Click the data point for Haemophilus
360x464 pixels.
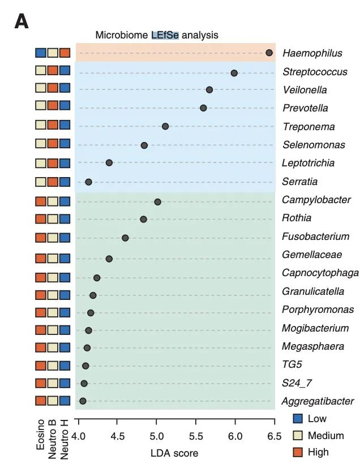coord(269,53)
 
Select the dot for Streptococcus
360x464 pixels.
coord(234,73)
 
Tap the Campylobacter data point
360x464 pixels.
coord(157,202)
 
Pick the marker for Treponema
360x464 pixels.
coord(165,126)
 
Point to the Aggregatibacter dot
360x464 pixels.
coord(83,401)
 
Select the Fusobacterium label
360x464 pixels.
coord(315,236)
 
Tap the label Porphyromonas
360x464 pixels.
coord(318,310)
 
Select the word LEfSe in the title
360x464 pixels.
coord(165,35)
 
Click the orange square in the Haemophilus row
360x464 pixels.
coord(65,53)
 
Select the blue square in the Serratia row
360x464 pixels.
coord(65,182)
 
